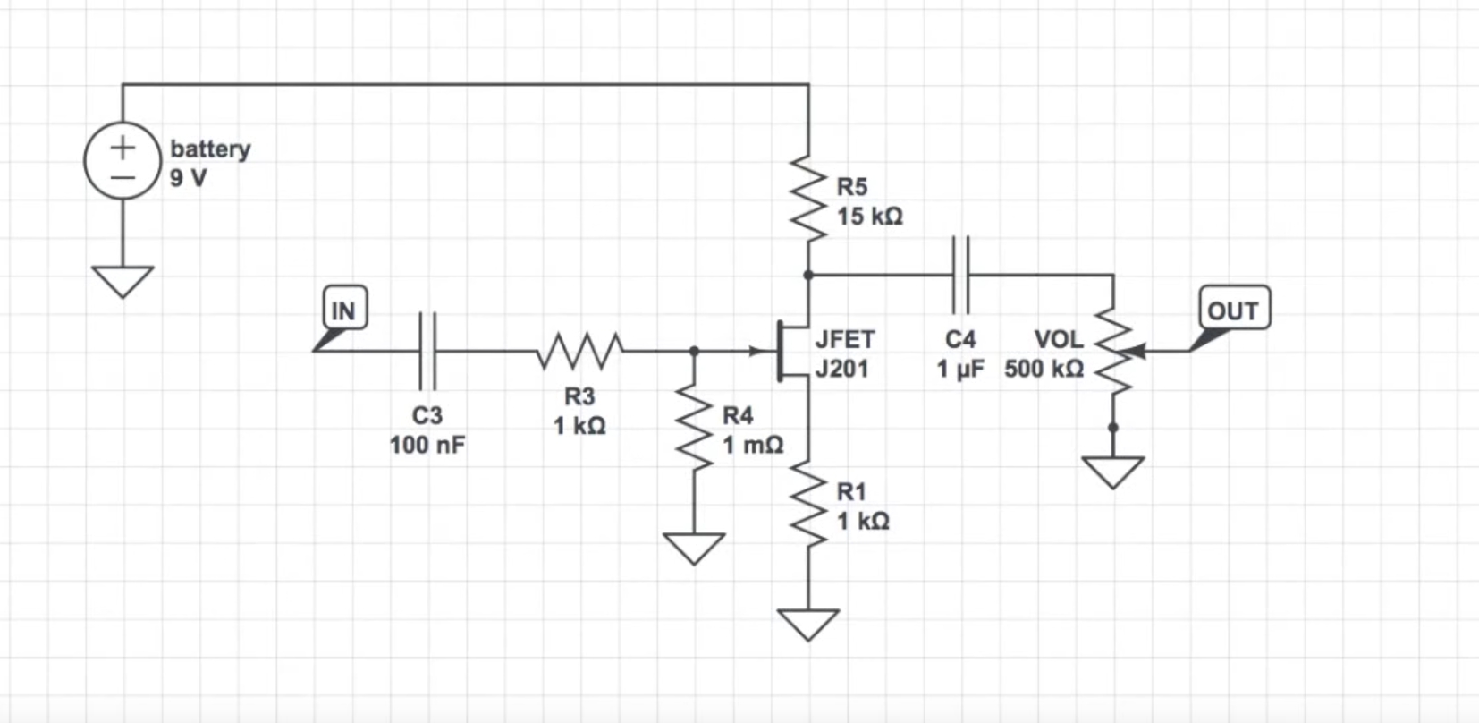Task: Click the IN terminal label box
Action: click(345, 307)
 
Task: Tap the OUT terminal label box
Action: click(1234, 307)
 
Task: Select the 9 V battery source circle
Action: click(123, 160)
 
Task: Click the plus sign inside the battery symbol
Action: click(123, 147)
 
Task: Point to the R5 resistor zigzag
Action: click(808, 199)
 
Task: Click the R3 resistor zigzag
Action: click(579, 351)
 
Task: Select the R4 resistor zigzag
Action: click(694, 427)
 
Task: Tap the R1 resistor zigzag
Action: click(808, 504)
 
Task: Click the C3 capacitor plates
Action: click(427, 351)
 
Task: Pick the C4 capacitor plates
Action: click(960, 275)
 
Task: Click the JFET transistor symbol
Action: click(791, 351)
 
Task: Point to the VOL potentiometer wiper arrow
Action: click(1135, 351)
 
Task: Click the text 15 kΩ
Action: click(869, 217)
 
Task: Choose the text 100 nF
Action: click(427, 445)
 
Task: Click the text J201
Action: click(841, 369)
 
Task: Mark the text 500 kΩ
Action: click(1044, 369)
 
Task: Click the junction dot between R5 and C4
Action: click(808, 275)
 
